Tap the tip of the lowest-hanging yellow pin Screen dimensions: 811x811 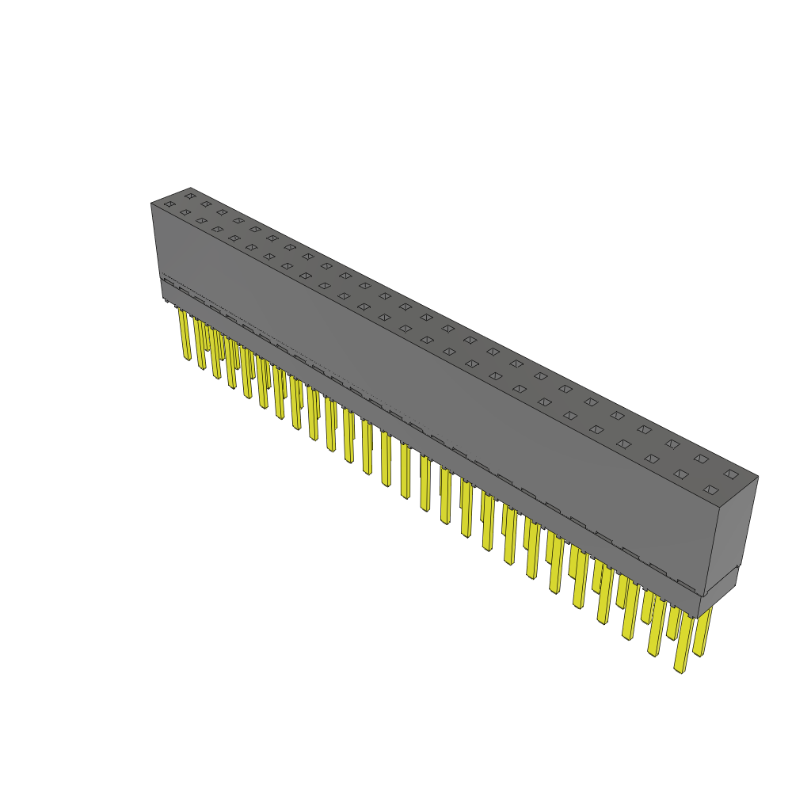click(680, 670)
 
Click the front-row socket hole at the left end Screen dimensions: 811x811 click(169, 204)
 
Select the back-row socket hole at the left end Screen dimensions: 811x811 click(190, 196)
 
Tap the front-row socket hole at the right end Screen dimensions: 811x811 click(711, 491)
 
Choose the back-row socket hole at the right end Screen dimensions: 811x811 click(731, 474)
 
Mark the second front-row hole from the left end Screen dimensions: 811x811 click(185, 212)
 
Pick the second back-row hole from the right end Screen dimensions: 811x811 click(702, 459)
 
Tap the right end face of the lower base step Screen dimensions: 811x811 click(718, 594)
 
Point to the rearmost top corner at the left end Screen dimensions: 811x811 click(191, 188)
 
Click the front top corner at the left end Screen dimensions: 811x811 click(151, 204)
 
